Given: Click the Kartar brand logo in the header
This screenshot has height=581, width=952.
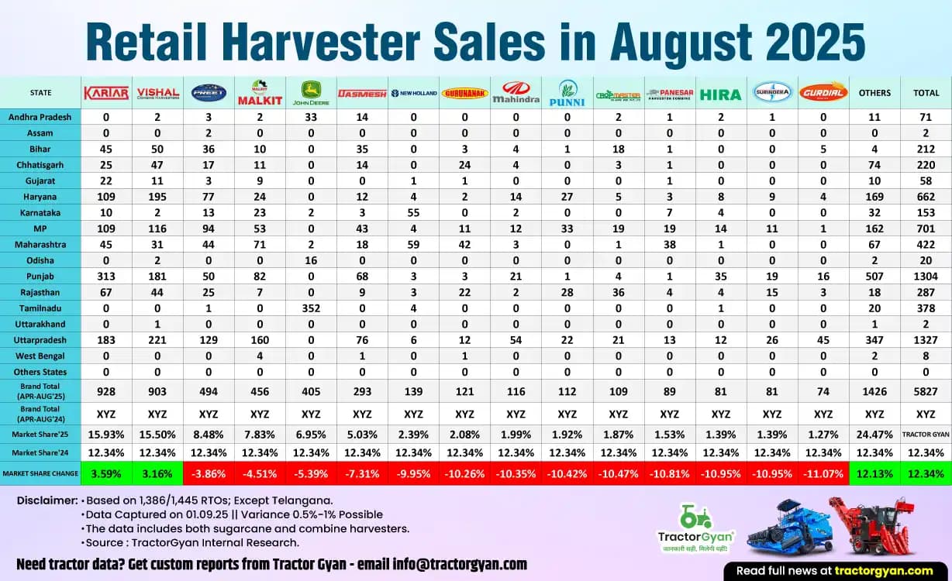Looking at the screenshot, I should (106, 93).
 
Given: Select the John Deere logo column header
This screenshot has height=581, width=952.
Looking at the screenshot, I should (311, 93).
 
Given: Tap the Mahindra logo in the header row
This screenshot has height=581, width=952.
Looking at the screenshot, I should (516, 93).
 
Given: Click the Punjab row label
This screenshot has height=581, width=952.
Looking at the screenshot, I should (40, 275).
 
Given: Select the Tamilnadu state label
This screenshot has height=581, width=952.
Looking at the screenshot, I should (40, 308).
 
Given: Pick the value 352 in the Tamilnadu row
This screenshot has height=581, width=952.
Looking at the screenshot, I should (311, 308).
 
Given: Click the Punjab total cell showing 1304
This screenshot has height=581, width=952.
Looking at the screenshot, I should (926, 275).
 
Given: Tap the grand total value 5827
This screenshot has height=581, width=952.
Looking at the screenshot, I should (926, 391).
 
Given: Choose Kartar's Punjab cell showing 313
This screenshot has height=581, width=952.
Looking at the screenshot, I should (106, 275).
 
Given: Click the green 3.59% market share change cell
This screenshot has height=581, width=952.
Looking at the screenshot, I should (106, 473).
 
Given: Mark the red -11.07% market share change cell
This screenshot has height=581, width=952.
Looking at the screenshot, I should (823, 473).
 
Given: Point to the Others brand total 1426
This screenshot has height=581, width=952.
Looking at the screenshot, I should (874, 391).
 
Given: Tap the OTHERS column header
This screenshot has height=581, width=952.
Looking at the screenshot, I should (874, 93).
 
